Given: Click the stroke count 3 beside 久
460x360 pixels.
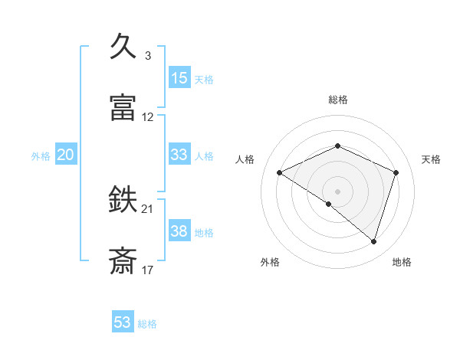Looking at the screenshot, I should point(147,56).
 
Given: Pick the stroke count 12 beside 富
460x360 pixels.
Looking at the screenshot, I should point(148,117).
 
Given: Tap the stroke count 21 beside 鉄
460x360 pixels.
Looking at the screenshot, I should point(148,209).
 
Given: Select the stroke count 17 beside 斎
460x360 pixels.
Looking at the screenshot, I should point(148,270).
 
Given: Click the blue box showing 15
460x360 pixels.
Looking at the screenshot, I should point(179,77).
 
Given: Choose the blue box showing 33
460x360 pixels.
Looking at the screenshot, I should point(179,155).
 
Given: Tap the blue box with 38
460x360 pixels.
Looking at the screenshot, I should point(179,231).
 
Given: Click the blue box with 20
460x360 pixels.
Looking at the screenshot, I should point(65,155).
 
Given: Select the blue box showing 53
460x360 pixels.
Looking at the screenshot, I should point(123,322).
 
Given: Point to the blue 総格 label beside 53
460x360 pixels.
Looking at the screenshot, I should point(147,324).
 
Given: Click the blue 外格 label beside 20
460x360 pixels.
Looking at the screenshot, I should point(41,156).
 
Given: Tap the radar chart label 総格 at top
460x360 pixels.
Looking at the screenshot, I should point(338,100).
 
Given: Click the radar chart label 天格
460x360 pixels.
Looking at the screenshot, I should point(432,159).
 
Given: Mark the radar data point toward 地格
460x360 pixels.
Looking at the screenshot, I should point(374,241).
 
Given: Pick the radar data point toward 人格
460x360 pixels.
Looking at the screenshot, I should point(280,172).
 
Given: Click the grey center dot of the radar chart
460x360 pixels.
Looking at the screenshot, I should point(338,191).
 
